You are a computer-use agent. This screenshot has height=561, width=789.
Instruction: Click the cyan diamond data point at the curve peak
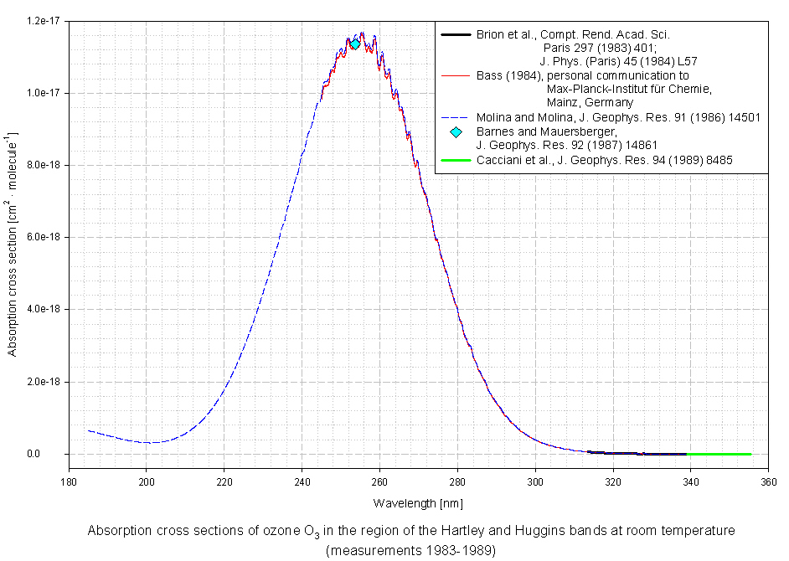point(355,44)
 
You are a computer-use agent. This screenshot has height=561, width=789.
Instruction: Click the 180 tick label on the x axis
point(69,481)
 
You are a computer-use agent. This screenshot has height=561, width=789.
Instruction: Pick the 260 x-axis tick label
point(379,481)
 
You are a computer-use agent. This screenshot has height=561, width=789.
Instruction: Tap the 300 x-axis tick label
point(535,481)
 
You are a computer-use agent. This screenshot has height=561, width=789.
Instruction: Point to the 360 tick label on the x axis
point(768,481)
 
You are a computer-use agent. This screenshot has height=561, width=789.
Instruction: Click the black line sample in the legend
point(456,34)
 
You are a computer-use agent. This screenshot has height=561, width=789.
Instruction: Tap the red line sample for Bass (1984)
point(456,75)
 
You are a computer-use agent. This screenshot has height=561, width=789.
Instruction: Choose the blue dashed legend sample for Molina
point(456,117)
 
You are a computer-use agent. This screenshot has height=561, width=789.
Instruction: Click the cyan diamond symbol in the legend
point(456,131)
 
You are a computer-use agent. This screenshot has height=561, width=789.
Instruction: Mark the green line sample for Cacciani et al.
point(456,160)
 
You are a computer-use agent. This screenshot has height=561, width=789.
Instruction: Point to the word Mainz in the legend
point(561,102)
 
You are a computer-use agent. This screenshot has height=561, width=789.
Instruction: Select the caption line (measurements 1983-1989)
point(410,550)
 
